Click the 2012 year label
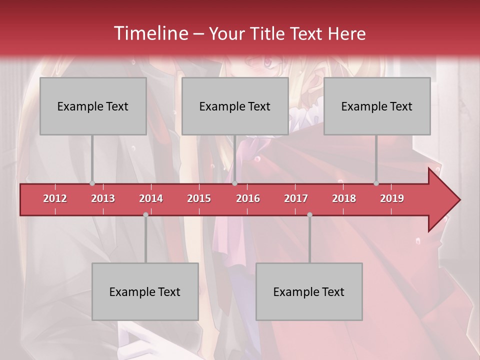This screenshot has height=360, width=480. click(x=55, y=198)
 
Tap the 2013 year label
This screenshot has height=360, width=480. click(x=103, y=198)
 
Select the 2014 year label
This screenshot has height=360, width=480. click(x=151, y=198)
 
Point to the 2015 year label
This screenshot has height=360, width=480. click(x=199, y=198)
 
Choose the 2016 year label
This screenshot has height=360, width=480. click(x=248, y=198)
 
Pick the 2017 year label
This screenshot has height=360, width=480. click(x=296, y=198)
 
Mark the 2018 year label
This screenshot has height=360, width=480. click(x=344, y=198)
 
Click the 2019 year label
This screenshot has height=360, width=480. click(x=392, y=198)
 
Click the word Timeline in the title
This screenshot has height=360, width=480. click(x=150, y=33)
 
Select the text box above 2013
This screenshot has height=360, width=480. click(x=93, y=106)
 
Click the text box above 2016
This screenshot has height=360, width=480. click(x=235, y=106)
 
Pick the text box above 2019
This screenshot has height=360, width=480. click(x=377, y=106)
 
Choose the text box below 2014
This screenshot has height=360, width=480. click(x=145, y=291)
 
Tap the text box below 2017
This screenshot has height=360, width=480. click(x=309, y=291)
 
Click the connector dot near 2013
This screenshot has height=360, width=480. click(x=92, y=183)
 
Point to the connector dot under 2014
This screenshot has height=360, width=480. click(x=145, y=214)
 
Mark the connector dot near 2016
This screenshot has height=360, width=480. click(x=234, y=183)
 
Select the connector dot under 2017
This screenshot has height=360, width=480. click(x=309, y=214)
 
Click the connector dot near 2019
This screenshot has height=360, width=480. click(x=376, y=183)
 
